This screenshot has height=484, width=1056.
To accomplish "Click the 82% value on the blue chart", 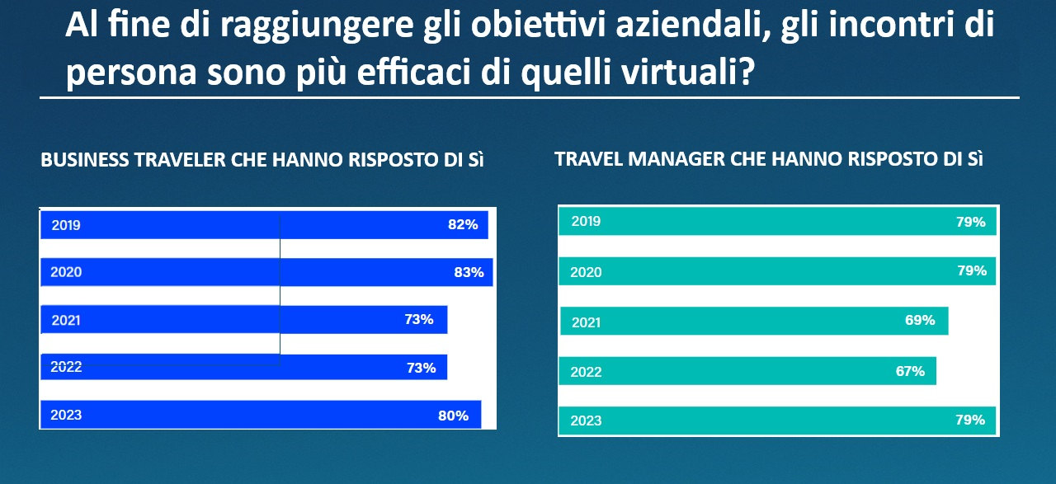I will [x=463, y=224].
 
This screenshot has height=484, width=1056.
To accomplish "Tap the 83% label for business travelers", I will [x=469, y=272].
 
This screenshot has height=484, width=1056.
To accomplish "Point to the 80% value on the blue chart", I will [x=453, y=416].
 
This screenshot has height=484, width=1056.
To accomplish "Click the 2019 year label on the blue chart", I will [x=66, y=224].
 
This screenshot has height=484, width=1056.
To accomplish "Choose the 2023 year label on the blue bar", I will [x=66, y=415].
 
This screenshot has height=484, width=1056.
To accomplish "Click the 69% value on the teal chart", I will [x=920, y=320].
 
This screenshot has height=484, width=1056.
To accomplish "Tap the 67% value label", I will [x=910, y=371].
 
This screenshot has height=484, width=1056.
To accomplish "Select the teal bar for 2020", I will [x=775, y=271].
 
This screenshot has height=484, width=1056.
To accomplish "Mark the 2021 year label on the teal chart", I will [x=586, y=322].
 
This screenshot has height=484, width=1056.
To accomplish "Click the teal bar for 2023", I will [x=775, y=420].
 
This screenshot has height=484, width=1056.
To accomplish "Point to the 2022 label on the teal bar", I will [x=586, y=372].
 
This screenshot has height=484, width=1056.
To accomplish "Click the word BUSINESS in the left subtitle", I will [x=81, y=160].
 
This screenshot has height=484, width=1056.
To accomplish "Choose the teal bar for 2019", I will [x=775, y=222].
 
